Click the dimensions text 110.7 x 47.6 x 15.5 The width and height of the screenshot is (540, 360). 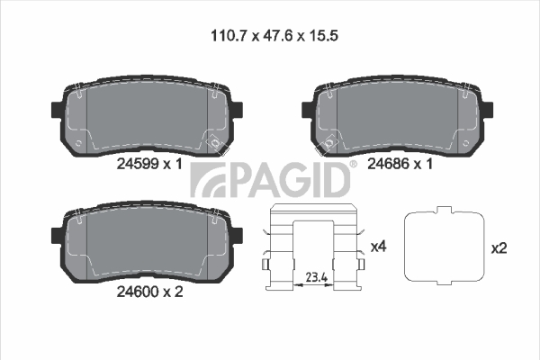point(274,35)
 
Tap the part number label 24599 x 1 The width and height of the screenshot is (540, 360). point(149,164)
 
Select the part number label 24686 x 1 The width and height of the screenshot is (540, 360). point(400,164)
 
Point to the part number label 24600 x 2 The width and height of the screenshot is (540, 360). point(149,292)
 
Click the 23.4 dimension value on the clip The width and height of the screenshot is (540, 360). point(317,277)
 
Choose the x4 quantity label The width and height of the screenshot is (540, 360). point(379,247)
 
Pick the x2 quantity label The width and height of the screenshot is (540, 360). point(499,248)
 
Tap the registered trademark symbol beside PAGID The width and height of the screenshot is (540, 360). point(354,165)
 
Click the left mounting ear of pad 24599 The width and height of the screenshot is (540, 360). point(57,109)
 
